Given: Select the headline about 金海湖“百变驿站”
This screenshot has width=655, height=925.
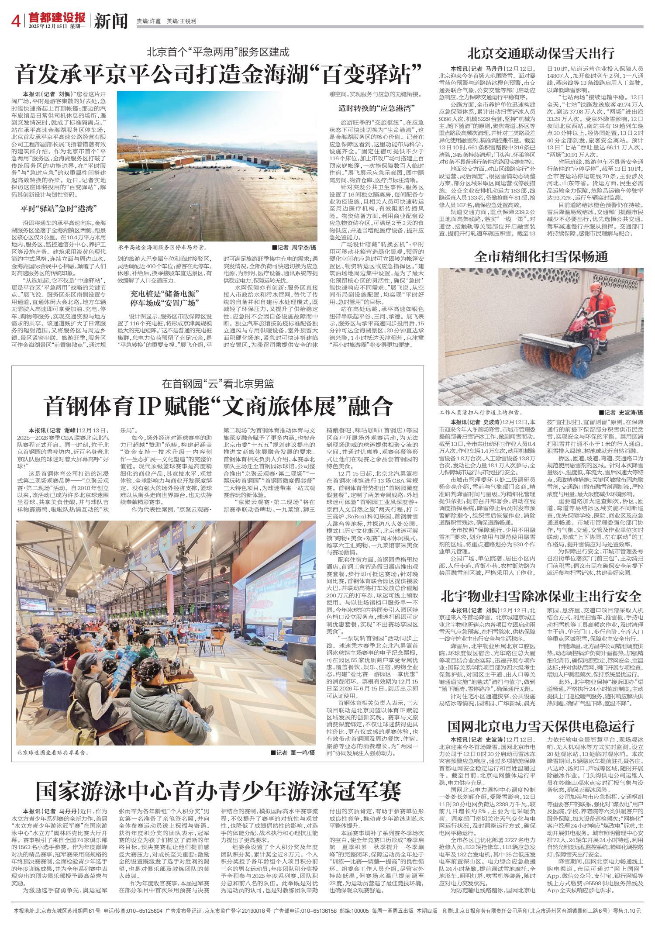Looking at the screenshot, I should coord(218,74).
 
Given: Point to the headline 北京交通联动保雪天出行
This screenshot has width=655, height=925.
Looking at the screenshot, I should coord(541,53).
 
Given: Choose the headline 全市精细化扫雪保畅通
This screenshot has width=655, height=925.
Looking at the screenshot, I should coord(541,255).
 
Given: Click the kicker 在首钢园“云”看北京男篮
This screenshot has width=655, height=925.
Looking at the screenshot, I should coord(218,384).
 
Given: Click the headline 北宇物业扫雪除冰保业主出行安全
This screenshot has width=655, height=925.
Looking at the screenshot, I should coord(541,596).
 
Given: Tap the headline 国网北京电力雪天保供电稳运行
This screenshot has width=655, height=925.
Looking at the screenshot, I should coord(541,726).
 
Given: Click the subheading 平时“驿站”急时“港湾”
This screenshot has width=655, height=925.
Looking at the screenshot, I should coord(63,207).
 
